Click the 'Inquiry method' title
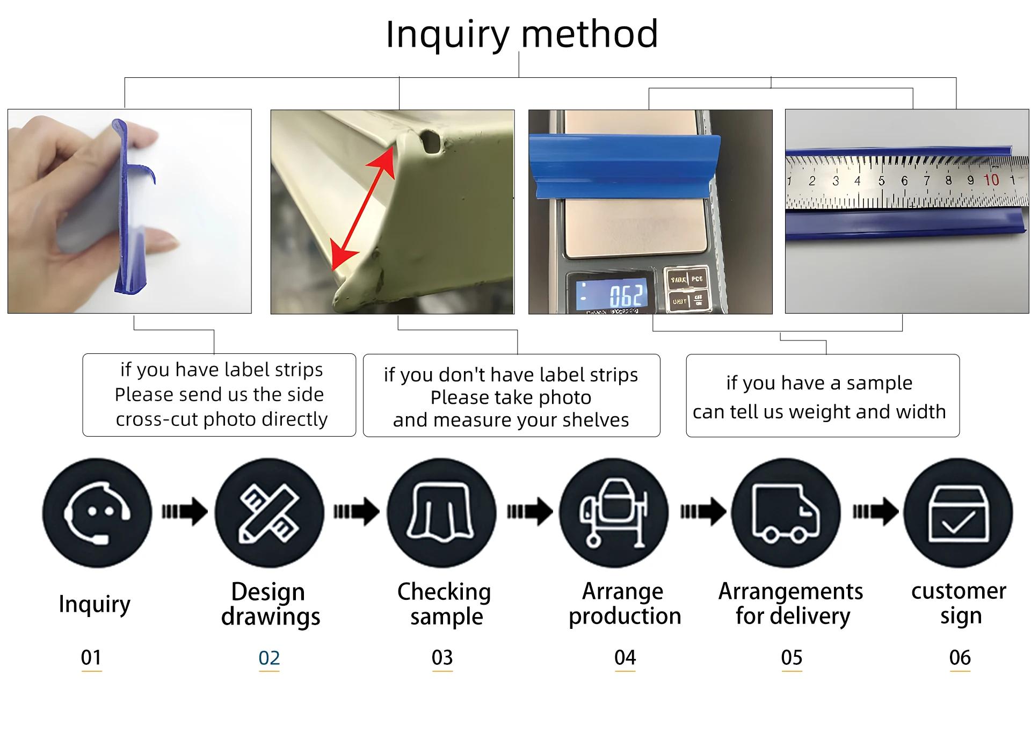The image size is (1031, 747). pyautogui.click(x=521, y=34)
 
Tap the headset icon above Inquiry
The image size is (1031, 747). pyautogui.click(x=97, y=512)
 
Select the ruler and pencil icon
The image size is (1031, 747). pyautogui.click(x=270, y=512)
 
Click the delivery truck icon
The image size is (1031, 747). pyautogui.click(x=786, y=512)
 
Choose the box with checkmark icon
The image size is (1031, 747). pyautogui.click(x=959, y=512)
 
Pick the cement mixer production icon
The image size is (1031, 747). pyautogui.click(x=614, y=512)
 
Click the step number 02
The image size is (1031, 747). pyautogui.click(x=269, y=658)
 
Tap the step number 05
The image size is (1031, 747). pyautogui.click(x=792, y=657)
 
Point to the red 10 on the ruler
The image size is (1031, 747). pyautogui.click(x=991, y=180)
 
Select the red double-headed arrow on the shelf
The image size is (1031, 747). pyautogui.click(x=363, y=208)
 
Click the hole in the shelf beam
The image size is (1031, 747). pyautogui.click(x=431, y=141)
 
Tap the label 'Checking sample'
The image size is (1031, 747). pyautogui.click(x=445, y=604)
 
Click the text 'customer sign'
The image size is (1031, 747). pyautogui.click(x=959, y=603)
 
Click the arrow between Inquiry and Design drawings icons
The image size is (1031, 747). pyautogui.click(x=184, y=511)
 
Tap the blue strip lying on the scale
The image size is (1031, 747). pyautogui.click(x=625, y=165)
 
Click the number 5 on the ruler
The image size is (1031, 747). pyautogui.click(x=881, y=181)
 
